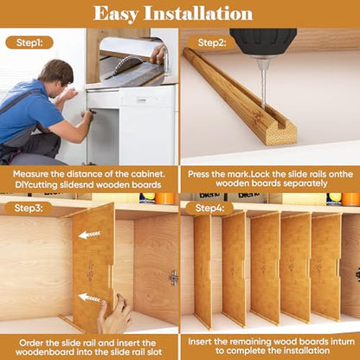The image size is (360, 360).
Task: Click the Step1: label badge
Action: click(x=29, y=42)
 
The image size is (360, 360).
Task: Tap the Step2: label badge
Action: click(x=212, y=42)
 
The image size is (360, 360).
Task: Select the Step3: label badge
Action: click(x=29, y=208)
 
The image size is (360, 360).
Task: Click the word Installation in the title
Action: click(x=198, y=14)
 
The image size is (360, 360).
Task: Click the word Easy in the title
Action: click(x=115, y=15)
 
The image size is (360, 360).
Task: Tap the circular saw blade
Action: click(x=125, y=64)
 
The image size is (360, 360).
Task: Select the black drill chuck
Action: click(x=263, y=41)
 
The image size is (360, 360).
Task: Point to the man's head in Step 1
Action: click(x=56, y=76)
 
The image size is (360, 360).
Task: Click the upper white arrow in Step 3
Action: click(x=90, y=235)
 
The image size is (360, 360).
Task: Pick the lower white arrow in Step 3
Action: click(x=90, y=298)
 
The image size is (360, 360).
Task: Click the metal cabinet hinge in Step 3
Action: click(x=174, y=278)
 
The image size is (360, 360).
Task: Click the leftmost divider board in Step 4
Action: click(x=203, y=271)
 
